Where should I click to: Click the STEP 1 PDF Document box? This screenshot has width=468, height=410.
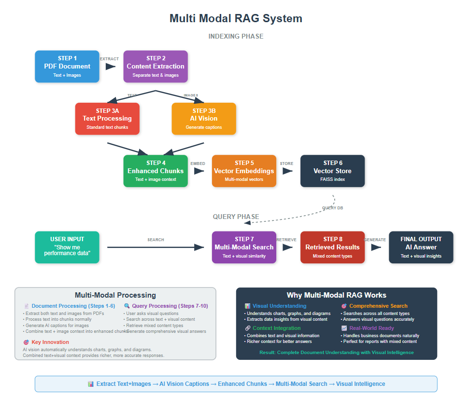tap(67, 67)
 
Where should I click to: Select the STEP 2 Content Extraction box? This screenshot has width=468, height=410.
tap(156, 67)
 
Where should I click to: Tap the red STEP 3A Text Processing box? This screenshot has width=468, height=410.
tap(107, 119)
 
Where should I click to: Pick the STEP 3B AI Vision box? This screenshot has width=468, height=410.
tap(204, 119)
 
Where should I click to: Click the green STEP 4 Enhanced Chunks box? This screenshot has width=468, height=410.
tap(156, 171)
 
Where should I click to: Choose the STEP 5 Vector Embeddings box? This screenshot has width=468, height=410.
tap(244, 171)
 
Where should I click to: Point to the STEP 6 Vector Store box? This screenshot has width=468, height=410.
tap(332, 171)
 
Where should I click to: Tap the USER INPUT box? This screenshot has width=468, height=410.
tap(67, 247)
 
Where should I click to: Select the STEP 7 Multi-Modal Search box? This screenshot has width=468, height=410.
tap(244, 247)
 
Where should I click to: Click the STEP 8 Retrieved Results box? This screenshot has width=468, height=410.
tap(332, 247)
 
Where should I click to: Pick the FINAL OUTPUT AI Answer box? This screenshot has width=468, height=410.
tap(421, 247)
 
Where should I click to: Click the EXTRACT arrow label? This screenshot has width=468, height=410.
tap(109, 59)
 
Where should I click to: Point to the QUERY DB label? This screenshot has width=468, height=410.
tap(333, 208)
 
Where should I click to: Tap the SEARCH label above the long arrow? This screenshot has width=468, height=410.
tap(156, 240)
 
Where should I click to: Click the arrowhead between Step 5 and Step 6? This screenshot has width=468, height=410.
tap(287, 171)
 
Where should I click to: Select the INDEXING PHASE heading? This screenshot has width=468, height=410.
tap(236, 37)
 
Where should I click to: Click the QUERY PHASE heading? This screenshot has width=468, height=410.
tap(236, 217)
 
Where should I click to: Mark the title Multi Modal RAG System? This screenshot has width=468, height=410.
tap(236, 19)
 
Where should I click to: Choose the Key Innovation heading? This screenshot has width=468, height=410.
tap(50, 342)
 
